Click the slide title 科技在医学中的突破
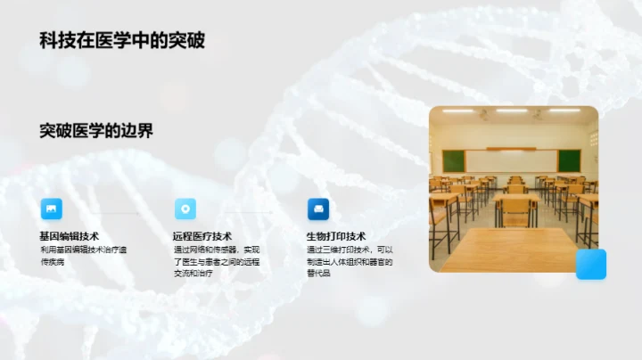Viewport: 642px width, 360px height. tap(122, 41)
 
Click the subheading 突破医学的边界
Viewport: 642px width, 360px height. tap(96, 131)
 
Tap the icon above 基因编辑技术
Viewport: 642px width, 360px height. tap(52, 209)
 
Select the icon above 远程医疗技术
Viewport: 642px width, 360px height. tap(185, 209)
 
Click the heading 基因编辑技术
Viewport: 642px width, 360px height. tap(69, 236)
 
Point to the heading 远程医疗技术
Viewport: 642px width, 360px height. tap(202, 236)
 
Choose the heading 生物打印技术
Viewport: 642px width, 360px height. tap(336, 236)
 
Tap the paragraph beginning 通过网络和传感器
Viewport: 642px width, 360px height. tap(217, 262)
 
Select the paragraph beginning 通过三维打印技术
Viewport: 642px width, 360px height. tap(350, 262)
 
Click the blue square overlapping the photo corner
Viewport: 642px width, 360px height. tap(590, 264)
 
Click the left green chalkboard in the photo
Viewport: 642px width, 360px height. tap(454, 160)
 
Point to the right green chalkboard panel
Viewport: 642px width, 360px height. tap(569, 160)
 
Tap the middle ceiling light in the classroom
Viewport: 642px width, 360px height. tap(512, 110)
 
